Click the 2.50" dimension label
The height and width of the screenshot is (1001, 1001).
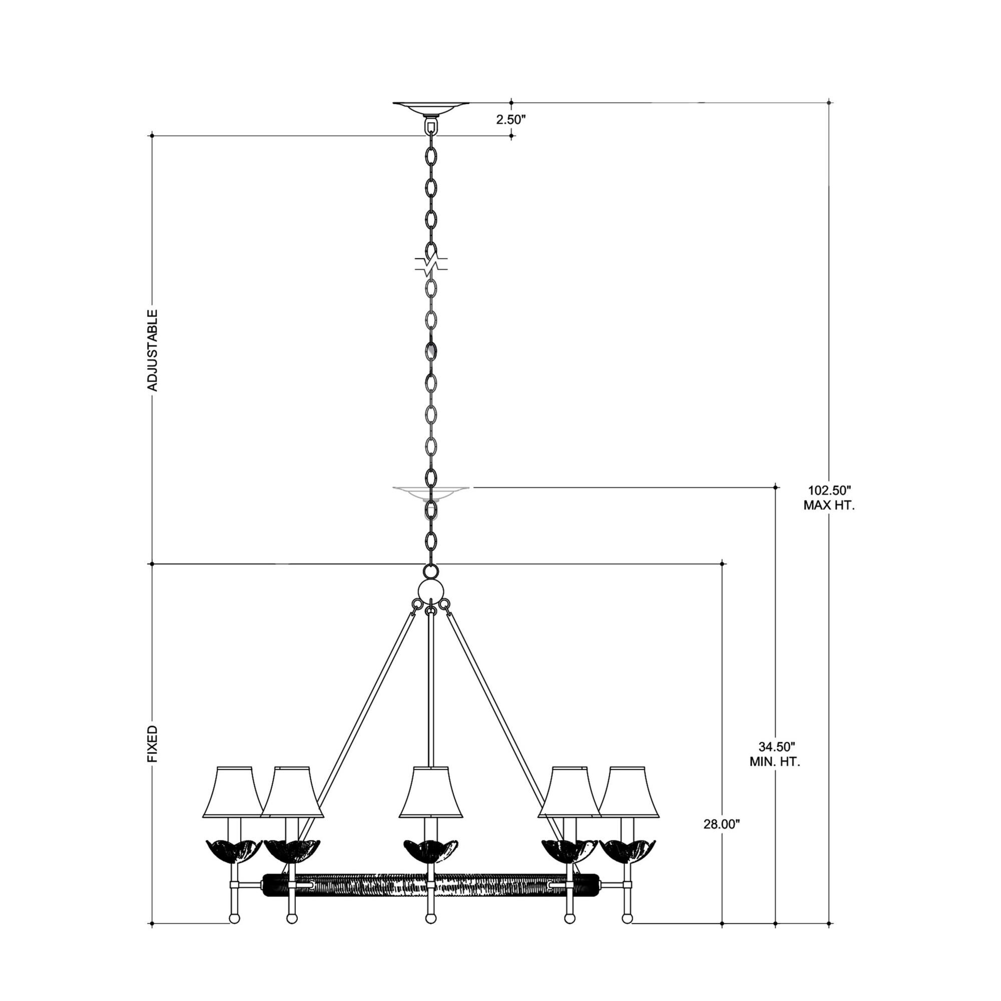point(511,120)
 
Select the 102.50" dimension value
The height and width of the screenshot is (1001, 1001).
point(829,489)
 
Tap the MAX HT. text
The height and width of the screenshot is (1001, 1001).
point(829,505)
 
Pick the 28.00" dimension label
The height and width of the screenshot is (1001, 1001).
point(721,824)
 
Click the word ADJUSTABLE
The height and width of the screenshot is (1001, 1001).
point(152,350)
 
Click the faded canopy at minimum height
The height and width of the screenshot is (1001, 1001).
point(430,492)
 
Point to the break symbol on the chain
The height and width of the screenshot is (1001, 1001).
point(430,265)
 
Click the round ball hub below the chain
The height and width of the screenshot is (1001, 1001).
point(430,592)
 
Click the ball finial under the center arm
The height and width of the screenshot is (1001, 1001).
point(430,933)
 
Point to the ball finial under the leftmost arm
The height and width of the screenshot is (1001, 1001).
point(235,933)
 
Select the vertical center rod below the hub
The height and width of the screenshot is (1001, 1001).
point(430,689)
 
